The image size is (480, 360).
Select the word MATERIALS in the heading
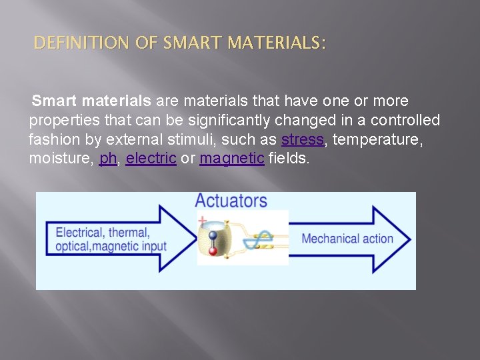point(275,44)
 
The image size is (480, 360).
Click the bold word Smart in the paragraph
point(55,101)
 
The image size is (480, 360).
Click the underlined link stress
point(302,140)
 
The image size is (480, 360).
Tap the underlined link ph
point(108,159)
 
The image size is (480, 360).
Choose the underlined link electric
point(151,159)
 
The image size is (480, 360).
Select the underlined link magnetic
point(232,159)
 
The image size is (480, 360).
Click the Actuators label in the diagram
point(231,201)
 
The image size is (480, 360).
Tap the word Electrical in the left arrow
point(79,233)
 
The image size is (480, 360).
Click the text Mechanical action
point(347,239)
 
